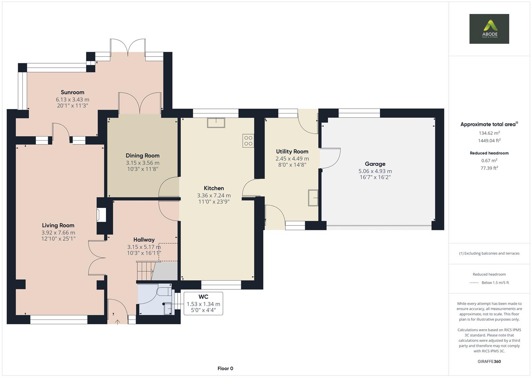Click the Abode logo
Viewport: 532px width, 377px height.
489,29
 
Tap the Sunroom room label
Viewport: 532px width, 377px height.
72,92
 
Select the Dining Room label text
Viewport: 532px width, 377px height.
142,156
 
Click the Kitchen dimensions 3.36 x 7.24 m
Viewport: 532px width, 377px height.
214,195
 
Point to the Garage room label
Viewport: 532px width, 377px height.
375,164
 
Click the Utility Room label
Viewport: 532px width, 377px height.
292,151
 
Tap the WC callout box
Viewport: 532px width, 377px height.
203,303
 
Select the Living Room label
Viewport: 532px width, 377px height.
58,226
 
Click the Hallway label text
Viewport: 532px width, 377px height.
144,239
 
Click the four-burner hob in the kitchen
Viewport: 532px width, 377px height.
248,140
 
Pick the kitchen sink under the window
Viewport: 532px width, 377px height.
216,123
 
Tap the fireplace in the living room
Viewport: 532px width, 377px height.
101,215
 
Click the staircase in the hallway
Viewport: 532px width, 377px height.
145,271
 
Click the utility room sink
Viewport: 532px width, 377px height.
313,198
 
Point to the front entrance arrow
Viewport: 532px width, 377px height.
117,322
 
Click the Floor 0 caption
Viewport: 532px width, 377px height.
225,368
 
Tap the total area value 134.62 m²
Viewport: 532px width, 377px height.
489,133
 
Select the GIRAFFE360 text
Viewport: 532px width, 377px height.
489,361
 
